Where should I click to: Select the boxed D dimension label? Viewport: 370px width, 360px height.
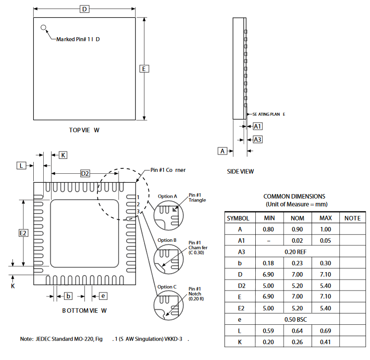pyautogui.click(x=84, y=9)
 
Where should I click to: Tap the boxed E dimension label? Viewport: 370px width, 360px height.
pyautogui.click(x=144, y=69)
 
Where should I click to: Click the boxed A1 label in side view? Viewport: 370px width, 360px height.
pyautogui.click(x=257, y=127)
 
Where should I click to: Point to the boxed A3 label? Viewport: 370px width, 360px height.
pyautogui.click(x=257, y=140)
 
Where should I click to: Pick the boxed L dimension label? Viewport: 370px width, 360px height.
pyautogui.click(x=21, y=166)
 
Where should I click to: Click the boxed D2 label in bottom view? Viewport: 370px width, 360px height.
pyautogui.click(x=85, y=174)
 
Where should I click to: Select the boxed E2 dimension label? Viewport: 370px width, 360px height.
pyautogui.click(x=23, y=233)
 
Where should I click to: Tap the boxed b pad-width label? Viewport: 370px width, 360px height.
pyautogui.click(x=68, y=296)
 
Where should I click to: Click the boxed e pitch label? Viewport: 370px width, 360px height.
pyautogui.click(x=103, y=296)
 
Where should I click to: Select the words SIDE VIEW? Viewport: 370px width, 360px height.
pyautogui.click(x=240, y=171)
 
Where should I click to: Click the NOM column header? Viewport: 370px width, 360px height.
pyautogui.click(x=297, y=218)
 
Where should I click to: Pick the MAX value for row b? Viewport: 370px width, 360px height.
pyautogui.click(x=325, y=263)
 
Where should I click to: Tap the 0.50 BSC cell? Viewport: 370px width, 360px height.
pyautogui.click(x=296, y=320)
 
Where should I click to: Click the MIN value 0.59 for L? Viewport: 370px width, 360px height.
pyautogui.click(x=268, y=331)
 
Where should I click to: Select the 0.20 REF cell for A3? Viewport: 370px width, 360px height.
pyautogui.click(x=296, y=252)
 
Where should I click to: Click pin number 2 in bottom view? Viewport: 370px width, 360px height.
pyautogui.click(x=138, y=204)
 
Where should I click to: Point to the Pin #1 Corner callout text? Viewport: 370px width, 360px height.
pyautogui.click(x=168, y=170)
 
